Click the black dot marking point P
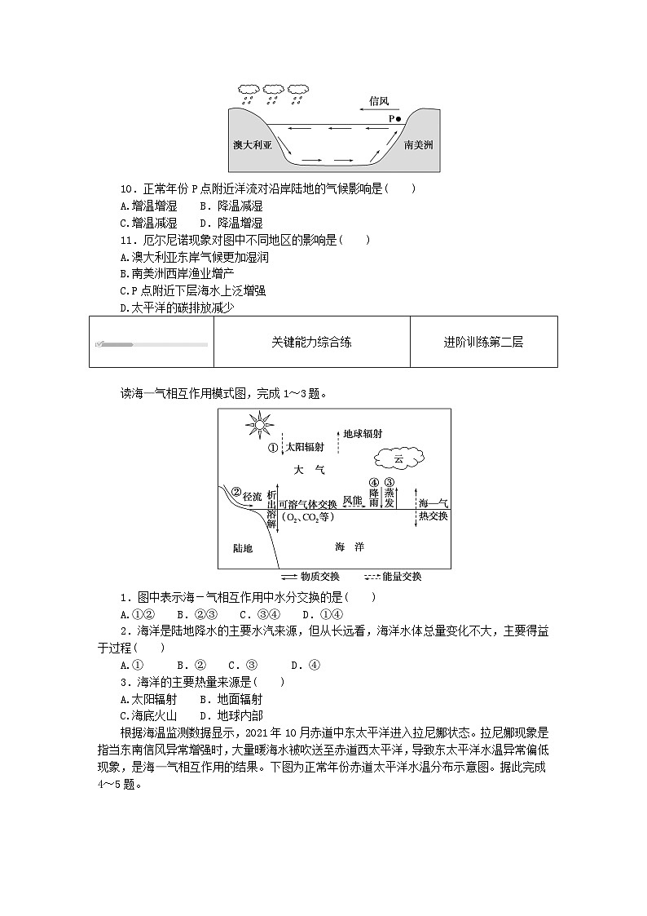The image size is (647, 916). pos(398,118)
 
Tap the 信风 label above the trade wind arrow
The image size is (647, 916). pos(379,101)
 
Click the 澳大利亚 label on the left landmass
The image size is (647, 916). pos(252,144)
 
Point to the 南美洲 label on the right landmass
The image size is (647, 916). pos(418,144)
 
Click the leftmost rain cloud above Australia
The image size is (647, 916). pos(249,89)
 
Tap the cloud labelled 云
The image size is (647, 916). pos(398,460)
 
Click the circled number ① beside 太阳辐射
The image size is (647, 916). pos(273,447)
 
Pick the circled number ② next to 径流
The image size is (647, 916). pos(236,492)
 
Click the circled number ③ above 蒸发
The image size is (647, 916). pos(390,483)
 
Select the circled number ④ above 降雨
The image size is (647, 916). pos(374,483)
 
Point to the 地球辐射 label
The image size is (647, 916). pos(362,435)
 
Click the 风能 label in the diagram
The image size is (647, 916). pos(352,499)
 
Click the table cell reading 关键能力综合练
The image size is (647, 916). pos(311,343)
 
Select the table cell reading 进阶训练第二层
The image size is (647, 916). pos(483,343)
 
